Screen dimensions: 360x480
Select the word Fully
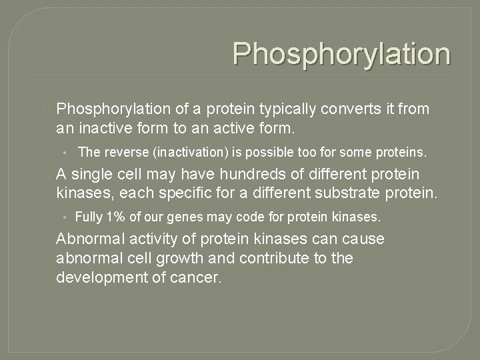point(87,217)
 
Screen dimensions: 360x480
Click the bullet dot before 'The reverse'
point(67,153)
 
